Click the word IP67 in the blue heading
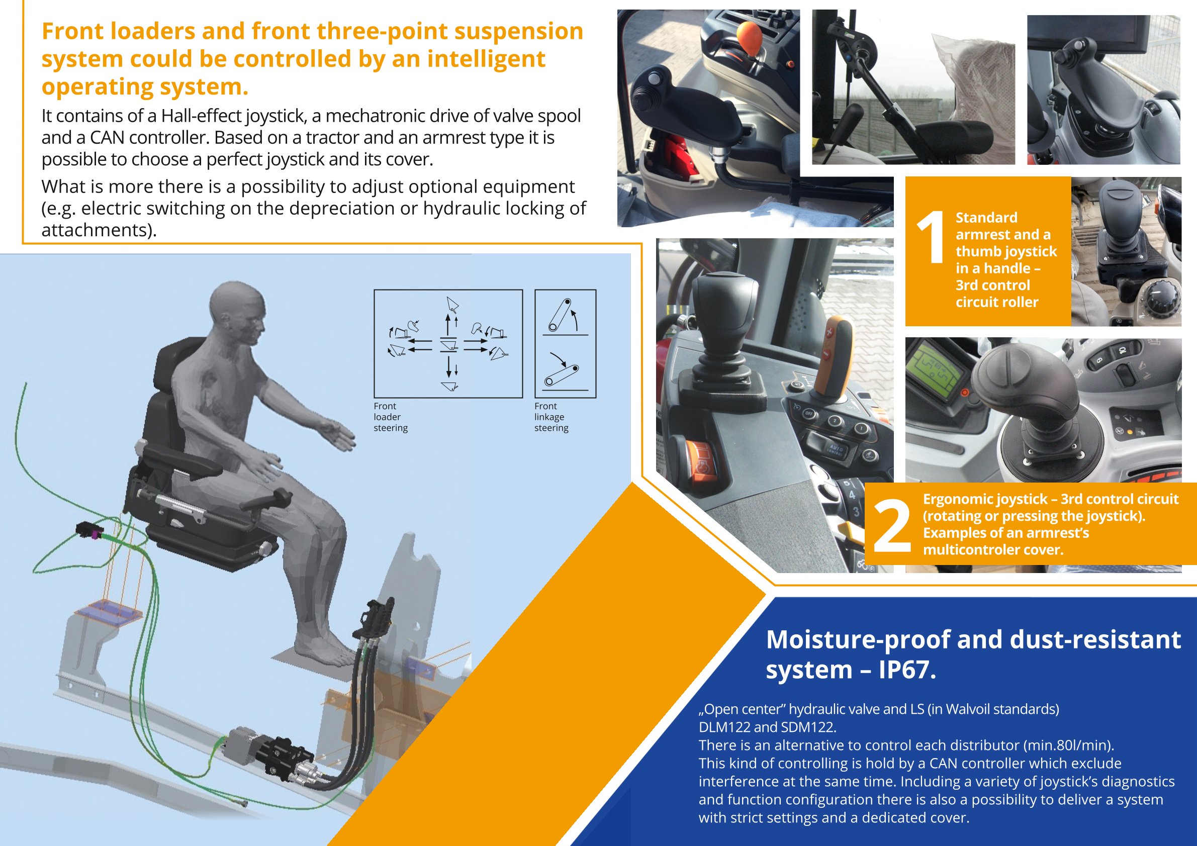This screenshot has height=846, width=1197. click(907, 669)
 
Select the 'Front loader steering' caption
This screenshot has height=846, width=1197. click(391, 417)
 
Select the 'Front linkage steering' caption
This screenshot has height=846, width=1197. click(551, 417)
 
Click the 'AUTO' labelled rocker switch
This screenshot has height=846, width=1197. click(834, 448)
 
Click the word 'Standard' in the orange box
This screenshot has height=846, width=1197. click(986, 217)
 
